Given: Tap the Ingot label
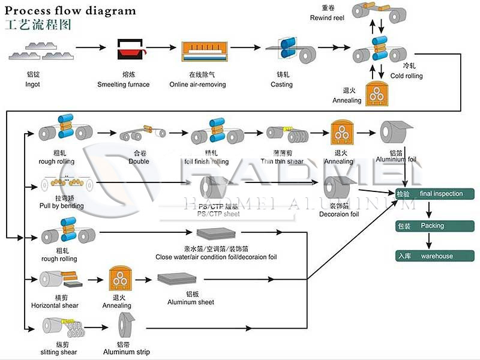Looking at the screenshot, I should [32, 85].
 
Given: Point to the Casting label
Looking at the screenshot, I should [281, 85].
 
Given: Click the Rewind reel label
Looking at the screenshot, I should [326, 18].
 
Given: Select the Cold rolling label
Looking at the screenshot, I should [406, 76].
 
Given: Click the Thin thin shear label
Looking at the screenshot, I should [281, 161].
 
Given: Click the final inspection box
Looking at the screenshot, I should [436, 194].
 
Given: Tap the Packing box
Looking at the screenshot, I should [436, 226].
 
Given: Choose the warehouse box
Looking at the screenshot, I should [436, 256].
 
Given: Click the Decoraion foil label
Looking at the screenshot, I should [338, 214].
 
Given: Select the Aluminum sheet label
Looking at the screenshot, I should [191, 302].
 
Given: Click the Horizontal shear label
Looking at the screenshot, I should [55, 305].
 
